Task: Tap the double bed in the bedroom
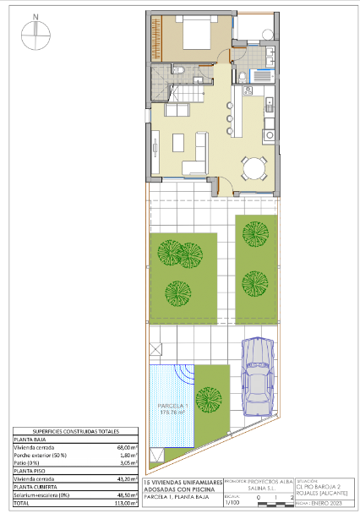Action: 191,35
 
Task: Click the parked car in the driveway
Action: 257,377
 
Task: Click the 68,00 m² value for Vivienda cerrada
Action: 126,447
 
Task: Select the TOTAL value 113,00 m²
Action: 126,503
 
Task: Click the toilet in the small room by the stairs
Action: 178,69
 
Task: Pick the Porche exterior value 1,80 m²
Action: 126,455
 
